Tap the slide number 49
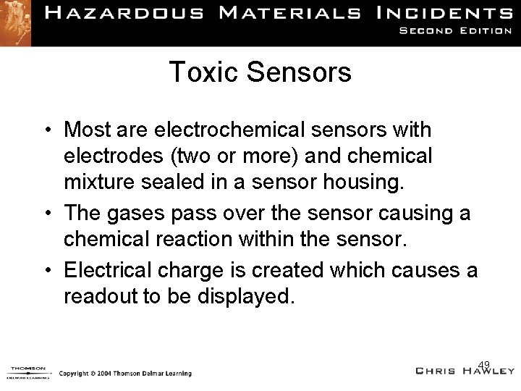(x=484, y=363)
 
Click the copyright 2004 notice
(x=124, y=374)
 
